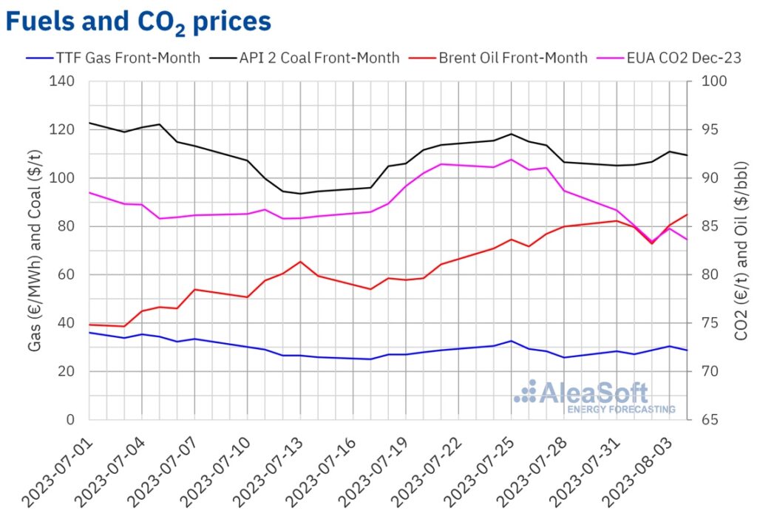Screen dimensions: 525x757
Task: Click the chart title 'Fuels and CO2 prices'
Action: [x=138, y=21]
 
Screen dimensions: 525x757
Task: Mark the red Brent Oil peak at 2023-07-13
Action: [x=299, y=261]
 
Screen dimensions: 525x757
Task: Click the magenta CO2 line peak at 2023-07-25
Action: [x=511, y=159]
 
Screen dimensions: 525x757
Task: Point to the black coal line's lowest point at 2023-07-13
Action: [x=299, y=194]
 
